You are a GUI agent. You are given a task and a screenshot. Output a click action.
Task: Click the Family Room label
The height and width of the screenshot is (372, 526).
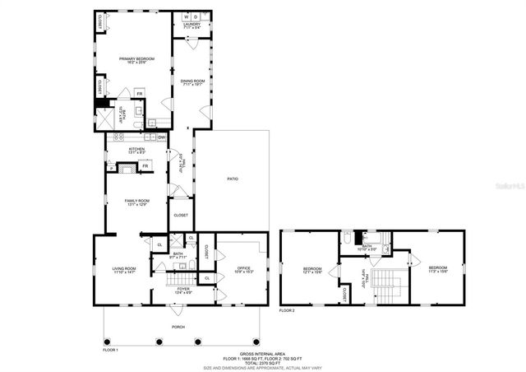(136, 202)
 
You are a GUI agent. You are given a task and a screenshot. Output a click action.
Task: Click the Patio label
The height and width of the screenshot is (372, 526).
(233, 179)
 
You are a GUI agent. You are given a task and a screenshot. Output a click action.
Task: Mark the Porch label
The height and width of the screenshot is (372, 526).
(178, 328)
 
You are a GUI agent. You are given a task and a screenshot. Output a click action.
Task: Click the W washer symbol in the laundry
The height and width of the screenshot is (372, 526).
(186, 16)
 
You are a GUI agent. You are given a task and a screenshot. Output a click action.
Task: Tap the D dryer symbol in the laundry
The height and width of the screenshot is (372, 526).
(197, 16)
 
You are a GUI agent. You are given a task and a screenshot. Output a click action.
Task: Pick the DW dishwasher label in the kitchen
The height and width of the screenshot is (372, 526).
(161, 137)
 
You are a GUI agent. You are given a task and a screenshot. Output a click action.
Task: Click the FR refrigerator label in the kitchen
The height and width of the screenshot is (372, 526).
(145, 167)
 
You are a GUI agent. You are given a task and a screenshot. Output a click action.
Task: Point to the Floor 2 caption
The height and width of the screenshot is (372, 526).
(287, 311)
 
